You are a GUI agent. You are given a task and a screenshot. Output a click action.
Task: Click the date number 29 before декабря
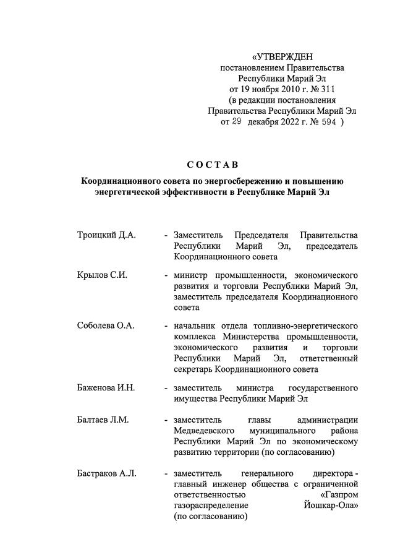[237, 123]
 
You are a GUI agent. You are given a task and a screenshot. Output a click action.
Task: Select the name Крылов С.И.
[102, 275]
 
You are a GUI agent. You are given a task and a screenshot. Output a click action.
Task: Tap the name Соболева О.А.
[105, 325]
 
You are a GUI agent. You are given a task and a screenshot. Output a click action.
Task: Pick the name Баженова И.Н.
[106, 388]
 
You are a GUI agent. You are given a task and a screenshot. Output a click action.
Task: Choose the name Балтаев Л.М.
[103, 420]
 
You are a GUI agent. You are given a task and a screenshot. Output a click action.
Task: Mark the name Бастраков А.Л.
[106, 474]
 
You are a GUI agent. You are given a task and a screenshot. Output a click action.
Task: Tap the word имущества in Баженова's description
[195, 398]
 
